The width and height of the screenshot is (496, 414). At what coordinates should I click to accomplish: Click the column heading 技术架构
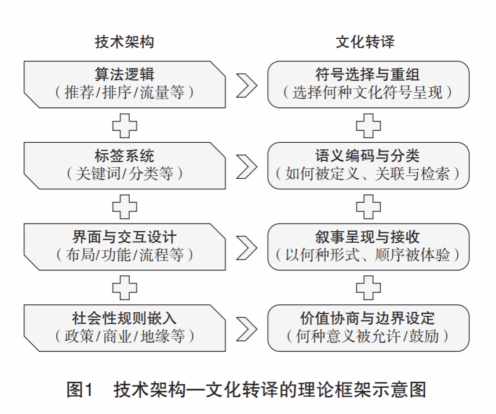(125, 42)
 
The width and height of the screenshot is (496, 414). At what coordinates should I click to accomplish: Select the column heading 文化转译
(366, 42)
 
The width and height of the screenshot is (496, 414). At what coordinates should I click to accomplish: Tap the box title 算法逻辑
(125, 74)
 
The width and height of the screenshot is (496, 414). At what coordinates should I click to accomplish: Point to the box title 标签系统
(125, 156)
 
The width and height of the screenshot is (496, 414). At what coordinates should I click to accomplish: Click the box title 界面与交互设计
(125, 237)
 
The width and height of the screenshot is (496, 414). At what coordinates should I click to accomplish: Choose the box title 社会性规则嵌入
(125, 318)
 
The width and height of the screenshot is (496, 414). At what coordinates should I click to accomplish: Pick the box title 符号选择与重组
(367, 74)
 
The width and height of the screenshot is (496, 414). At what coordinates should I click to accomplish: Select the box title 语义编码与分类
(367, 156)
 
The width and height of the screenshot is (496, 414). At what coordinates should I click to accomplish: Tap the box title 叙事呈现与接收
(367, 237)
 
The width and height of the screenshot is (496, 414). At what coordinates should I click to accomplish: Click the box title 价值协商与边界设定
(367, 318)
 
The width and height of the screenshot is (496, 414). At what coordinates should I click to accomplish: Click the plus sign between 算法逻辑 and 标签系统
(125, 125)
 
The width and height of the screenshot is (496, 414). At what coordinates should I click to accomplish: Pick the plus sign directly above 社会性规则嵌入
(125, 288)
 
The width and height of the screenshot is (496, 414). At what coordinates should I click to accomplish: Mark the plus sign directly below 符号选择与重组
(368, 125)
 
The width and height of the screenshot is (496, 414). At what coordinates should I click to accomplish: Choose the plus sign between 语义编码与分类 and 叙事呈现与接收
(368, 207)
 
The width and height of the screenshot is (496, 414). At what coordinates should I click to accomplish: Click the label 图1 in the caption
(79, 389)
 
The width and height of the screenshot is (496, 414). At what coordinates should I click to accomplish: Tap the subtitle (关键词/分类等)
(125, 174)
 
